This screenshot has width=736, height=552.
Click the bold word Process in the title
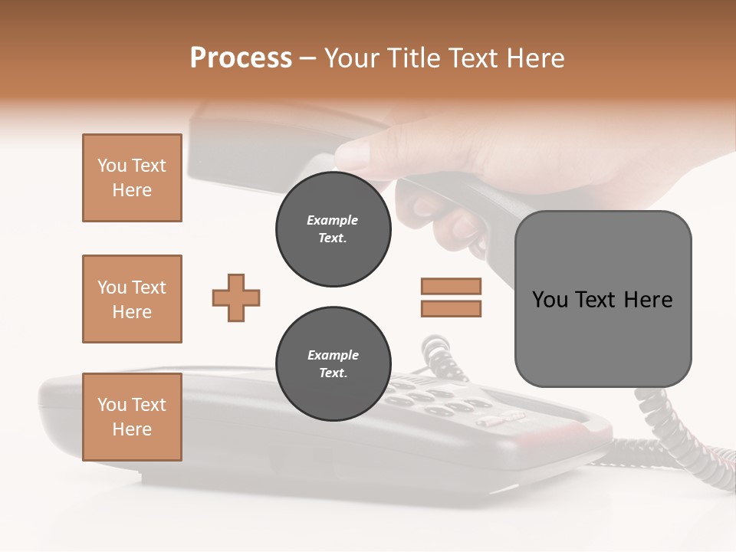pyautogui.click(x=241, y=58)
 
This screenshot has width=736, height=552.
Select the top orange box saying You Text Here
pyautogui.click(x=132, y=178)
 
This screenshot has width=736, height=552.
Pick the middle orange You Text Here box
pyautogui.click(x=132, y=299)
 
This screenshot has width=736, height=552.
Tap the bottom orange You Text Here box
pyautogui.click(x=132, y=417)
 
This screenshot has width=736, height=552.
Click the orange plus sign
pyautogui.click(x=236, y=297)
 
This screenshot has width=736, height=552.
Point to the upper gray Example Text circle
pyautogui.click(x=333, y=229)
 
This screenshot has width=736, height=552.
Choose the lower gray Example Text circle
pyautogui.click(x=333, y=364)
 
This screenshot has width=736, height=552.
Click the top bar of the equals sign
pyautogui.click(x=451, y=286)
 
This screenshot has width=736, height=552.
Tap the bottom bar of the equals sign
pyautogui.click(x=451, y=308)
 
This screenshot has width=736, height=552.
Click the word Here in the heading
pyautogui.click(x=536, y=58)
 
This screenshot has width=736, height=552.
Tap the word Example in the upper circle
pyautogui.click(x=332, y=220)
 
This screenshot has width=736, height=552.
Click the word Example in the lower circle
pyautogui.click(x=333, y=355)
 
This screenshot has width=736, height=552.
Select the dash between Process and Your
pyautogui.click(x=307, y=58)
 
